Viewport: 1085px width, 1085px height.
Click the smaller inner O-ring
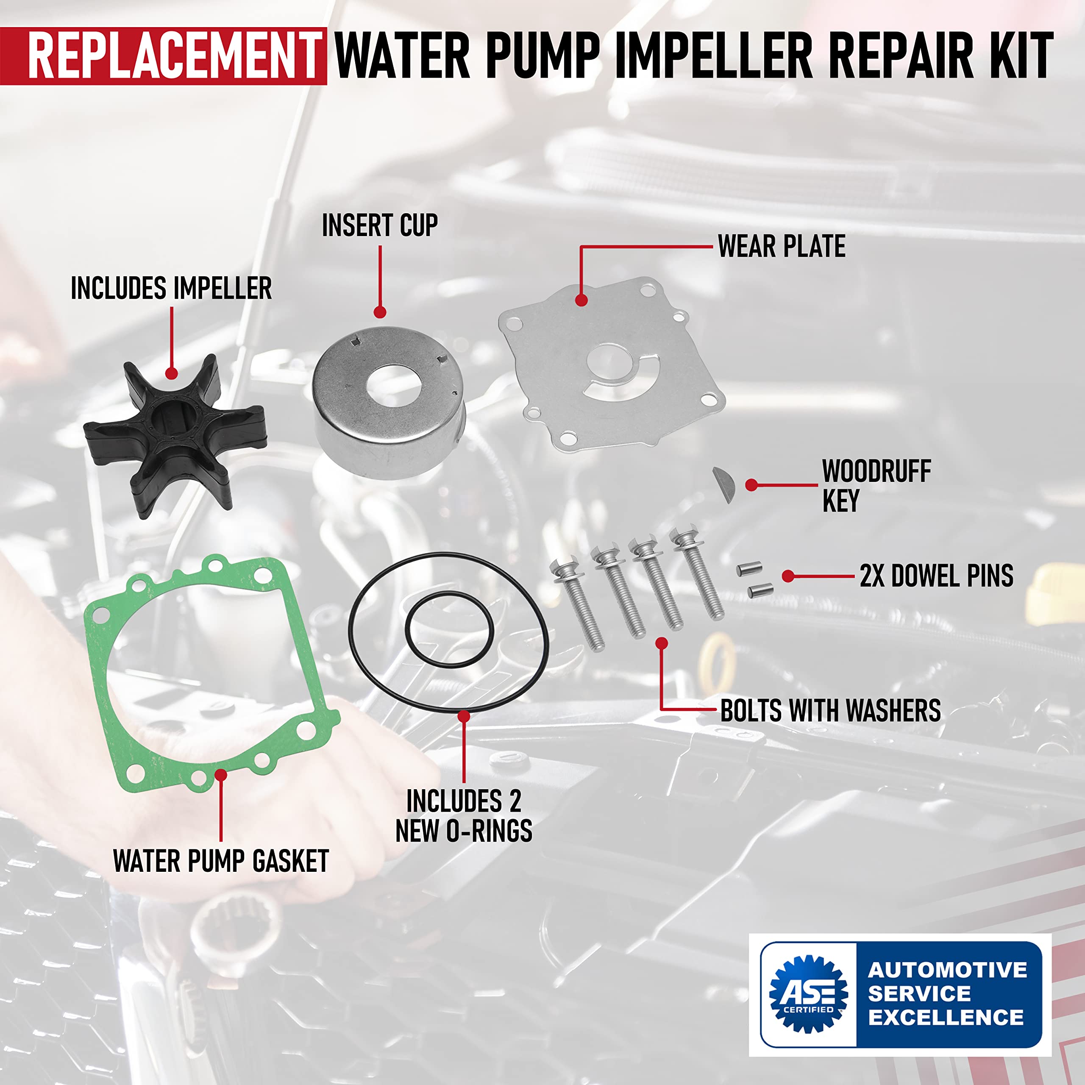tap(449, 629)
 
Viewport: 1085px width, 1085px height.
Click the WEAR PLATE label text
tap(781, 247)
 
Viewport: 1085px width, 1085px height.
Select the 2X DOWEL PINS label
tap(936, 576)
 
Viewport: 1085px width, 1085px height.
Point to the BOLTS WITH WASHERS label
tap(830, 711)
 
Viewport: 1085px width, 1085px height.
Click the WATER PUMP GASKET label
tap(221, 861)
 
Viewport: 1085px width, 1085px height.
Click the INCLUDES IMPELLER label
tap(171, 289)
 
